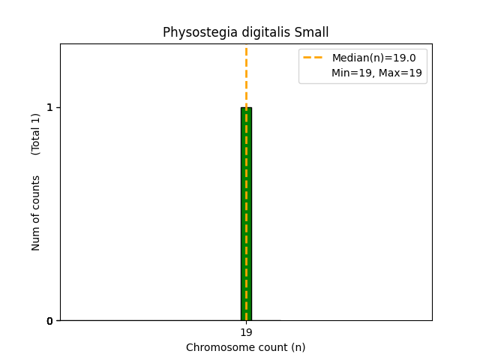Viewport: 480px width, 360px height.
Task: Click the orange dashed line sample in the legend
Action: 313,58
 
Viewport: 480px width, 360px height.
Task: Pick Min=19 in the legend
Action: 351,73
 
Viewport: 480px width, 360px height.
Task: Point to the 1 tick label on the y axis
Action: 50,107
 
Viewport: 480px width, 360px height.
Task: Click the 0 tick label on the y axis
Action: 50,321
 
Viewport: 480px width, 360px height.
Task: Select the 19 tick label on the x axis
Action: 246,332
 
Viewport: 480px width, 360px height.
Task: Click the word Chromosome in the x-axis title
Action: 217,347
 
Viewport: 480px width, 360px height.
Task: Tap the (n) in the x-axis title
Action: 298,347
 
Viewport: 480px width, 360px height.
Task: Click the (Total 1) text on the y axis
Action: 36,134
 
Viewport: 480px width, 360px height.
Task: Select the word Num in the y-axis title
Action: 36,238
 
